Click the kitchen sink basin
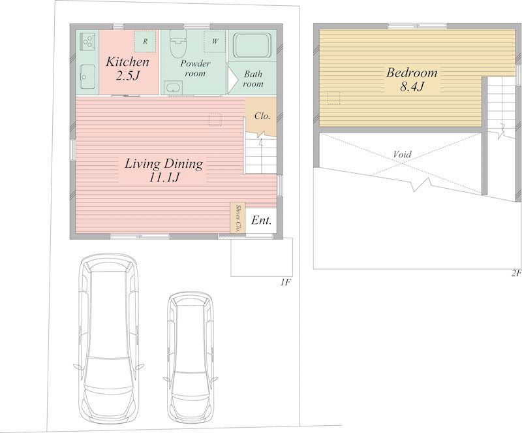coord(87,76)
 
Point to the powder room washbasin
coord(173,88)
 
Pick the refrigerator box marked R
coord(145,42)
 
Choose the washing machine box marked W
coord(215,41)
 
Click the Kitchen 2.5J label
coord(127,69)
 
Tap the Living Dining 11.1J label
coord(164,170)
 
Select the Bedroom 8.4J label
coord(412,79)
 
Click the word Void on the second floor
coord(403,154)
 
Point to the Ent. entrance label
coord(262,220)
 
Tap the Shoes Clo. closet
coord(238,217)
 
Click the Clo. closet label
coord(262,116)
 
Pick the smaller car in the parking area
coord(191,357)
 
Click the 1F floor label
coord(286,283)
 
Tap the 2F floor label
coord(516,274)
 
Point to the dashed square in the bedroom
coord(333,98)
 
